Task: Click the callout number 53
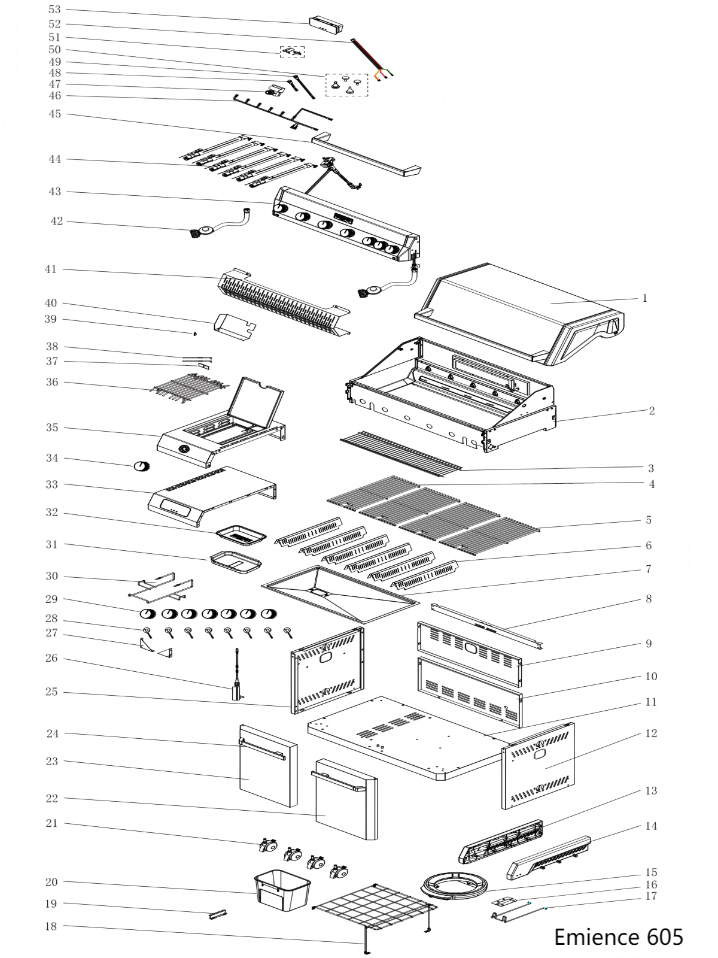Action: pyautogui.click(x=54, y=10)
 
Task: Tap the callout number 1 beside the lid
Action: pyautogui.click(x=644, y=298)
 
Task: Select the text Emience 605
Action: pyautogui.click(x=618, y=936)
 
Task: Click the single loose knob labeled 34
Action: pyautogui.click(x=142, y=466)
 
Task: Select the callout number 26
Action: pyautogui.click(x=52, y=658)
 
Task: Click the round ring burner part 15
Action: pyautogui.click(x=455, y=886)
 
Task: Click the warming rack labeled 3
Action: pyautogui.click(x=401, y=452)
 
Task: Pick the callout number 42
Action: pyautogui.click(x=56, y=221)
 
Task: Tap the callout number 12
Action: pyautogui.click(x=650, y=733)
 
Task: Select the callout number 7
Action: pyautogui.click(x=649, y=569)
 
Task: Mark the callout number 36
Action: pyautogui.click(x=52, y=381)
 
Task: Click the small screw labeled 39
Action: pyautogui.click(x=196, y=334)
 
